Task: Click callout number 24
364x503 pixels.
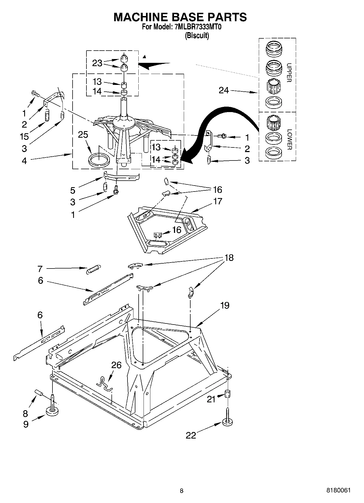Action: coord(224,90)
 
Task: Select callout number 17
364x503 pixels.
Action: coord(218,201)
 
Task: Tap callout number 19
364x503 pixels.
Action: coord(225,305)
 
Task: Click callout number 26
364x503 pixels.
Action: coord(116,365)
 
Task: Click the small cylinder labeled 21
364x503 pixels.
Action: coord(228,394)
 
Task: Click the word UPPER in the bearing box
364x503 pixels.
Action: coord(289,73)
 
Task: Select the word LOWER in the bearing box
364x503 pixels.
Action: coord(289,139)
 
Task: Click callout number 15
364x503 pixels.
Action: coord(24,136)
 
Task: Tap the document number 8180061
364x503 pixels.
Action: coord(338,490)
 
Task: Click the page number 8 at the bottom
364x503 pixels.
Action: coord(182,491)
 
